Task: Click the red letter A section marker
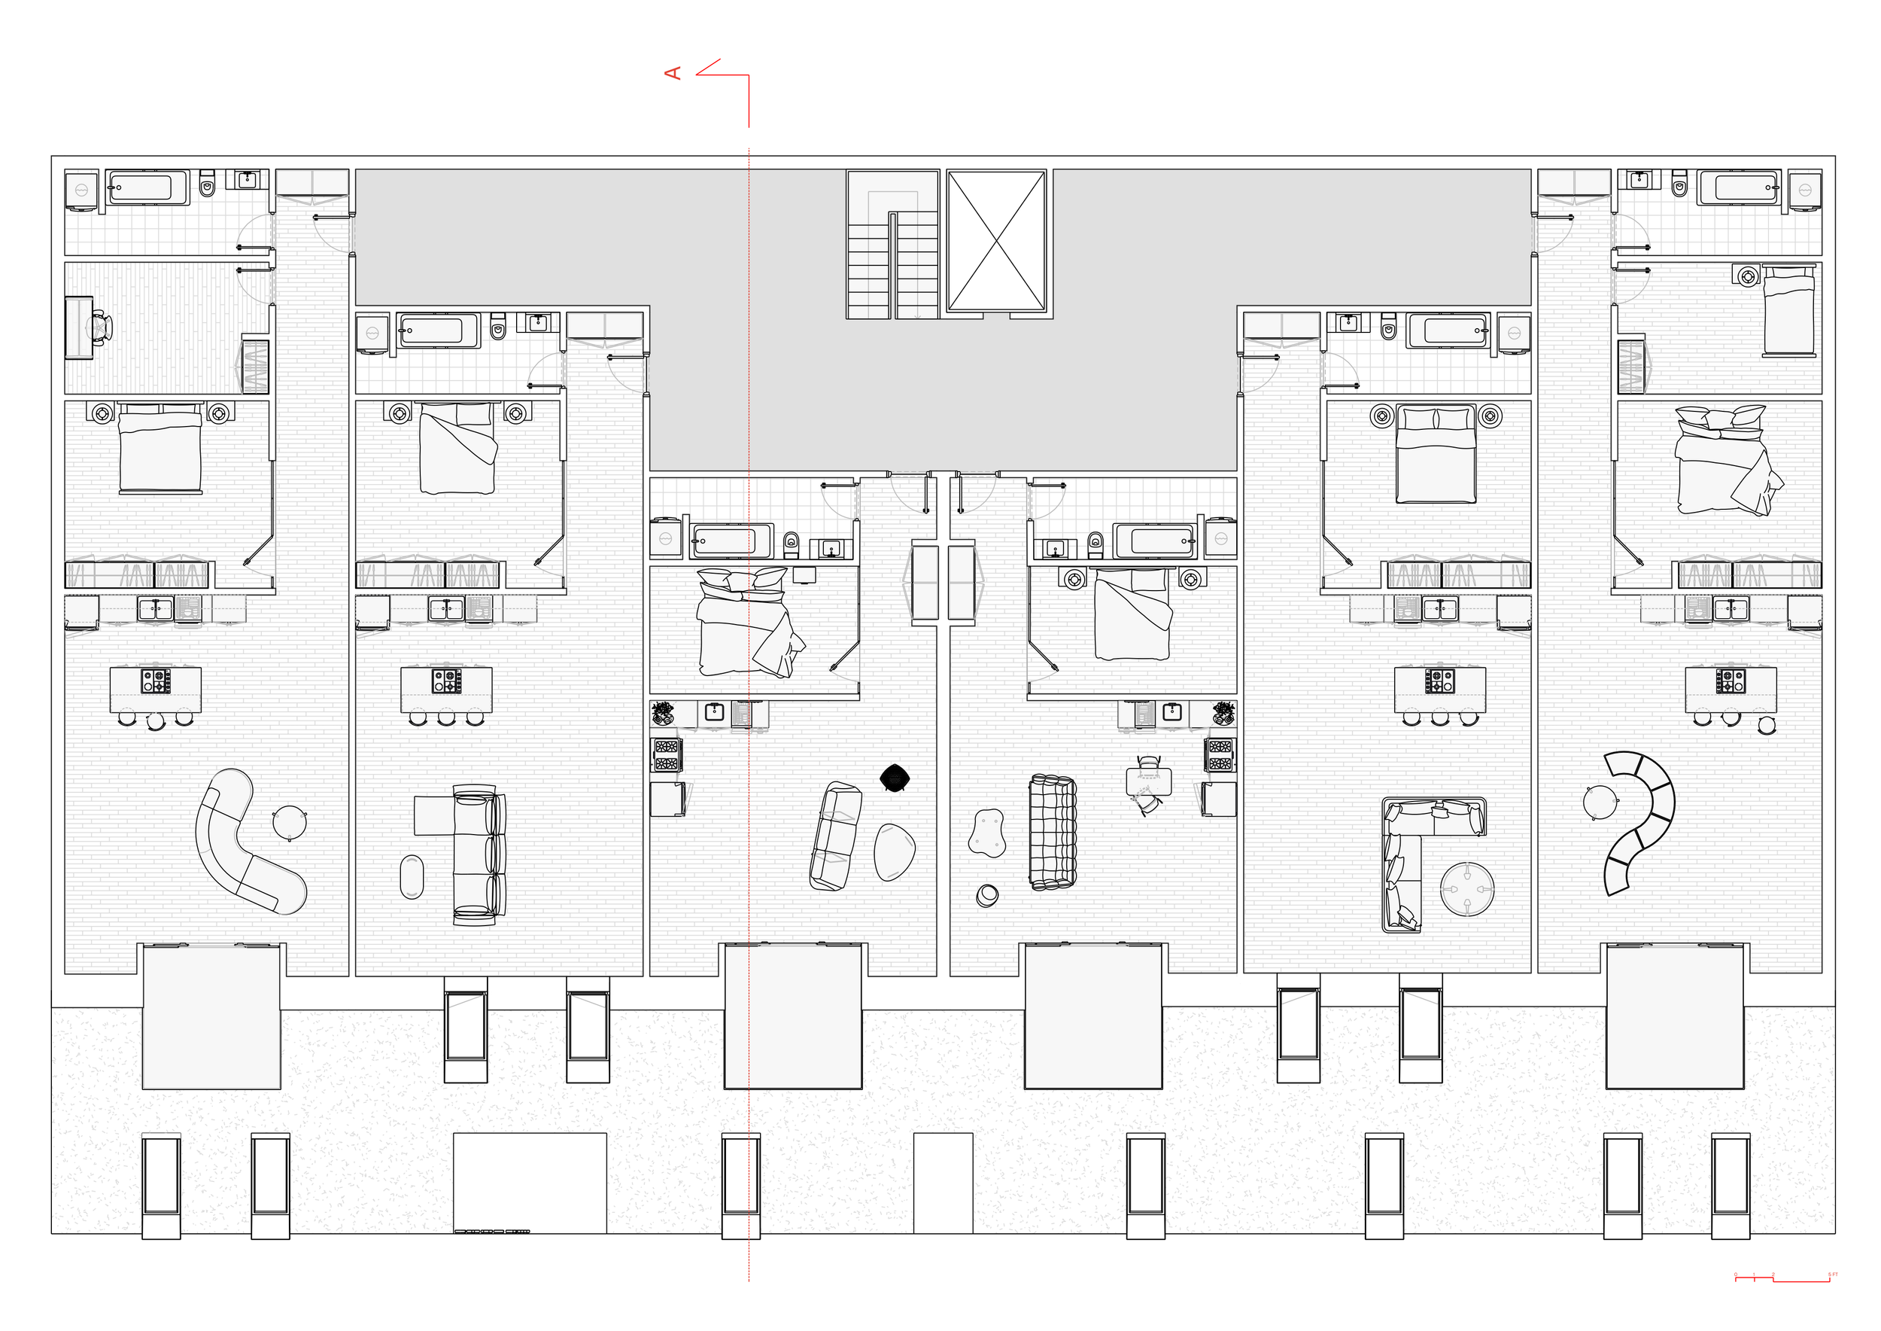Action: click(673, 74)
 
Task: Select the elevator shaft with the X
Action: click(996, 241)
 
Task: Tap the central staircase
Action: click(892, 244)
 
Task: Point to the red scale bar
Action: click(1782, 1279)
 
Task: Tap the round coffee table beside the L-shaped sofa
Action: click(1466, 889)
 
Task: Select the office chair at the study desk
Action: click(100, 326)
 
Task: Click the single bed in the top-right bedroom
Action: click(1788, 312)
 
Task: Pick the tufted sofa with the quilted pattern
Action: click(1052, 832)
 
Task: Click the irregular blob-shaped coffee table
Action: click(986, 833)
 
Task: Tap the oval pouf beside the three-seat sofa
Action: click(412, 877)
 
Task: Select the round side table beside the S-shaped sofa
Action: click(288, 823)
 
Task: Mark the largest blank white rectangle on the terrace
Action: click(530, 1182)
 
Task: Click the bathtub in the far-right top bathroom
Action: click(1737, 187)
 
